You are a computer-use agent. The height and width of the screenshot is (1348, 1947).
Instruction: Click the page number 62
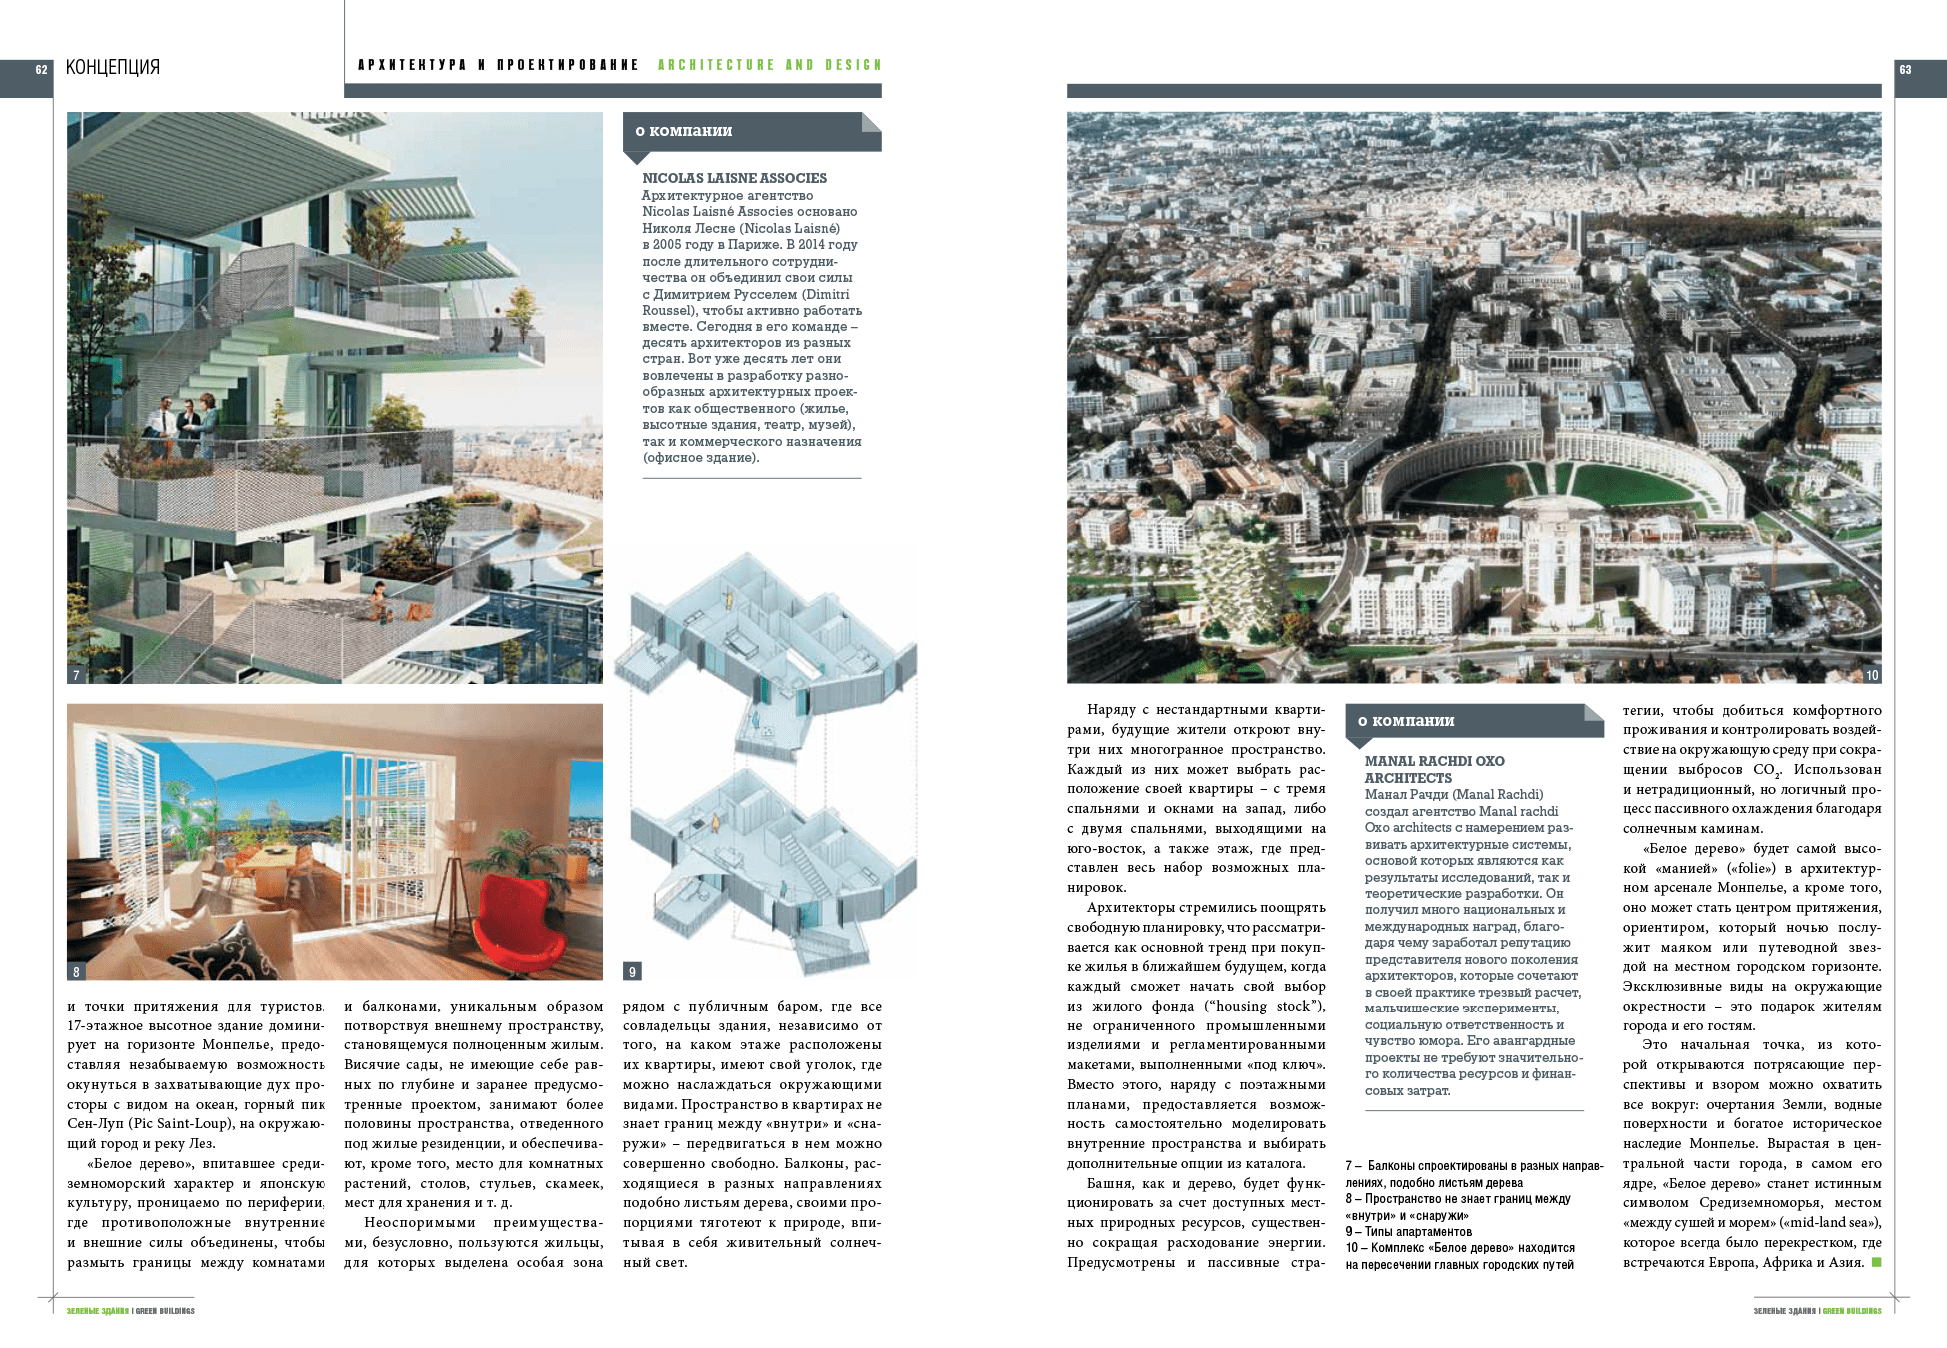tap(41, 70)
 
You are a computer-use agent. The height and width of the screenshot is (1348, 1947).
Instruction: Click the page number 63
tap(1905, 70)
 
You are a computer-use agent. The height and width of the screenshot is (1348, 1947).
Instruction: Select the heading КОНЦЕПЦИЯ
tap(113, 68)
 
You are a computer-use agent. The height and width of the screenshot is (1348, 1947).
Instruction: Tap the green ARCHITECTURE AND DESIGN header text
tap(769, 65)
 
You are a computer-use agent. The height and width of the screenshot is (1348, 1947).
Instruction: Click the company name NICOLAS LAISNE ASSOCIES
tap(734, 178)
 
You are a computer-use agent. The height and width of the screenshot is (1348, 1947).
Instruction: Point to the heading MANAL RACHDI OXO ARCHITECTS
tap(1434, 769)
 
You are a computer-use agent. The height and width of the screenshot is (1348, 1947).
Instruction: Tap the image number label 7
tap(76, 675)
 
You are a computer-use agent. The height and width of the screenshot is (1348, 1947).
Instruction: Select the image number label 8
tap(76, 971)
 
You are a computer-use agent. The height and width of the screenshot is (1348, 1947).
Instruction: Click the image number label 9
tap(632, 971)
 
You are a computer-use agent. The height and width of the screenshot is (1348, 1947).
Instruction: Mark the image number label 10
tap(1871, 675)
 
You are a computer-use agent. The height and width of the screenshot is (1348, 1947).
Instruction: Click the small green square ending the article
tap(1876, 1263)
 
